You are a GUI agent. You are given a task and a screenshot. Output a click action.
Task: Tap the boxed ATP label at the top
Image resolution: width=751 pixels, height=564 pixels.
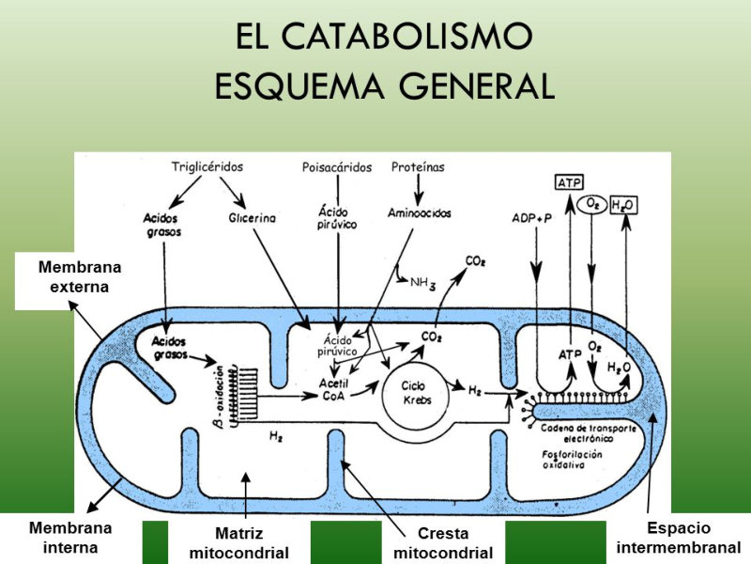pos(569,182)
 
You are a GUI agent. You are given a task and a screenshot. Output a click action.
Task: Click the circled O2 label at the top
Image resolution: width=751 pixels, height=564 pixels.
pos(591,204)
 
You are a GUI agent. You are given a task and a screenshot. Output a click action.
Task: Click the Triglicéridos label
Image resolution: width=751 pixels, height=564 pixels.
pos(208,167)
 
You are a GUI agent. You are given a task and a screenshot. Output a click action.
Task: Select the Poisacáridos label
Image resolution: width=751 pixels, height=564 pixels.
pos(337,168)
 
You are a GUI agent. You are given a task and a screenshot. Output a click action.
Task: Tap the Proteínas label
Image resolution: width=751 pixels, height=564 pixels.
pos(417,167)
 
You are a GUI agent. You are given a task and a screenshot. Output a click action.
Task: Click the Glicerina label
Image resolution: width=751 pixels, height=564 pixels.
pos(252,217)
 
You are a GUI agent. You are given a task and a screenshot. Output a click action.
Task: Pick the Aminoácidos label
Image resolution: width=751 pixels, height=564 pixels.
pos(419,213)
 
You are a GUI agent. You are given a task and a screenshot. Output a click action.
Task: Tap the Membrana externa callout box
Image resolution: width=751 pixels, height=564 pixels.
pos(80,277)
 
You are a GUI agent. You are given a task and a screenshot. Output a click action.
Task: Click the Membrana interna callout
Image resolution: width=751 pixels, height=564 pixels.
pos(70,538)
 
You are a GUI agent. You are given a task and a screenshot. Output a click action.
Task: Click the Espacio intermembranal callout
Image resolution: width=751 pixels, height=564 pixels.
pos(679,538)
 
